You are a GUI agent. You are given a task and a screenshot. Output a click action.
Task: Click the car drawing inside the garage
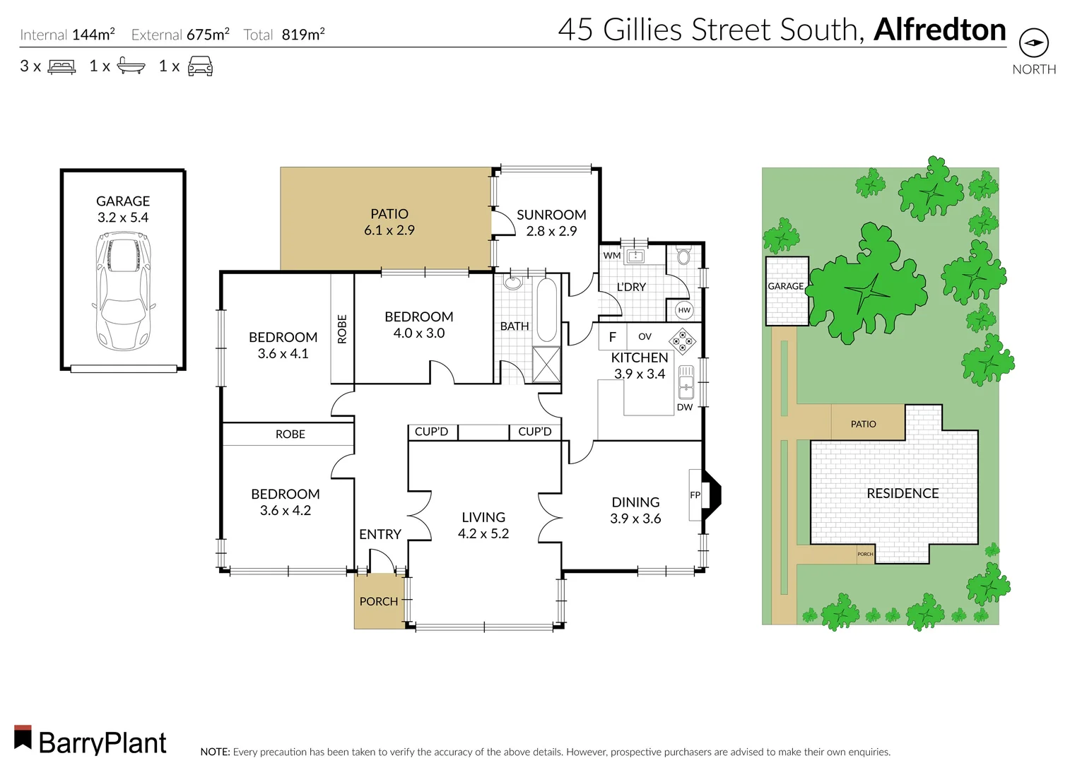click(x=123, y=290)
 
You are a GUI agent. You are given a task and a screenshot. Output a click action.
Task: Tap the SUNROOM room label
click(x=551, y=215)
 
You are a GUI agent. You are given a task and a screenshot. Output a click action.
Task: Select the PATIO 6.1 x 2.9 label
click(x=389, y=222)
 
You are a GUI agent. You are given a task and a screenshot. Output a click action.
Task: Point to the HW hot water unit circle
click(x=684, y=310)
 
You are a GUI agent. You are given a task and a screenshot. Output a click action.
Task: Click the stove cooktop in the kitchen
click(x=682, y=340)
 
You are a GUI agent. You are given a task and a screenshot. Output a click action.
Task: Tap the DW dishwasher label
click(x=685, y=408)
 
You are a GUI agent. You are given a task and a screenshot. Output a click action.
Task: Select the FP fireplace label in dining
click(x=695, y=495)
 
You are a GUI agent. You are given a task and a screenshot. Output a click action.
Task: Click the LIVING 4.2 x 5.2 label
click(x=483, y=526)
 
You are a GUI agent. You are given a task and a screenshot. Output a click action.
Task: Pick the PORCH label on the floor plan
click(x=379, y=601)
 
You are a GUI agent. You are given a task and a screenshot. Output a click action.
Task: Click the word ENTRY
click(x=380, y=535)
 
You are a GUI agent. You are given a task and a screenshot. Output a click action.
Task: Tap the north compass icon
click(x=1034, y=43)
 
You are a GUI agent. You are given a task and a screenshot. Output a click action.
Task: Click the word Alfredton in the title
click(x=939, y=30)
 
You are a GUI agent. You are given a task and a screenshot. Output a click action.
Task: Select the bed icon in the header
click(x=61, y=67)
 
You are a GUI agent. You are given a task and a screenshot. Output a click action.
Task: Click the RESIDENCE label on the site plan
click(x=903, y=493)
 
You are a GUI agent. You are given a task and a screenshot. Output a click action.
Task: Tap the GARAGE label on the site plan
click(x=786, y=286)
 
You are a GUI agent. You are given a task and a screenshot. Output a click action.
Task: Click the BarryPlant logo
click(x=90, y=740)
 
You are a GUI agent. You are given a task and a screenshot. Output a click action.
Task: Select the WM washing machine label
click(x=612, y=256)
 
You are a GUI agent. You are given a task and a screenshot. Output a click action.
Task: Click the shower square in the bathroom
click(x=546, y=365)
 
